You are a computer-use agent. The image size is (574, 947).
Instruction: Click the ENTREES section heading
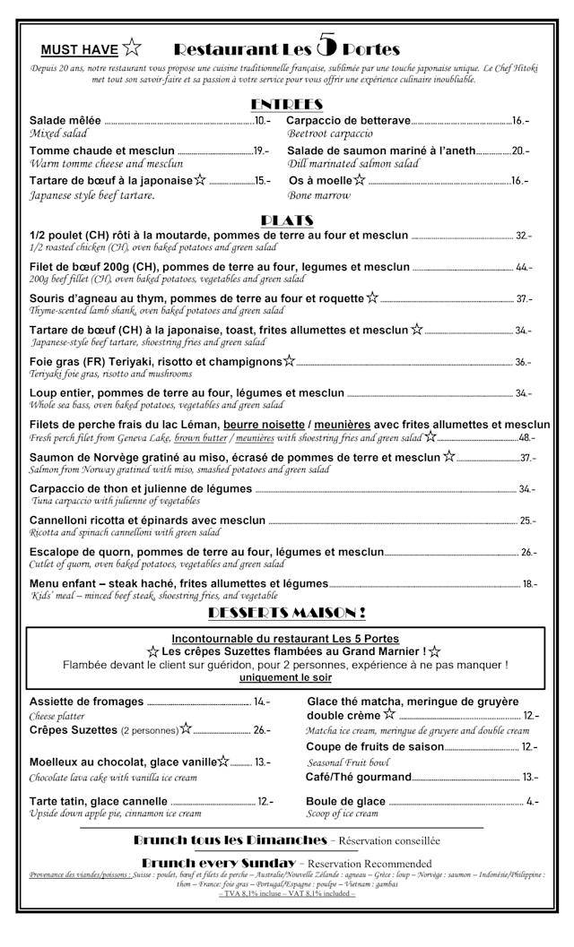[286, 104]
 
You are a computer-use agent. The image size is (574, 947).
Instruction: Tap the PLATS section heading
[286, 220]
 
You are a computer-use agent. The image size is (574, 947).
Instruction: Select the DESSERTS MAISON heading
[286, 613]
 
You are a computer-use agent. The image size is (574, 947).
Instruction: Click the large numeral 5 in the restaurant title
[327, 45]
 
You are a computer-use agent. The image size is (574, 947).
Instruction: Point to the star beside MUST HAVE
[132, 48]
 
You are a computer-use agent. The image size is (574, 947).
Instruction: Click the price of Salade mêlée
[263, 120]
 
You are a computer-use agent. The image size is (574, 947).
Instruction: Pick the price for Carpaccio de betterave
[520, 120]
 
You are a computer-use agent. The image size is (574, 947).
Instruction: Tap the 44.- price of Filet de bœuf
[524, 267]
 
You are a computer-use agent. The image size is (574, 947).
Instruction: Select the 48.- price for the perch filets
[526, 438]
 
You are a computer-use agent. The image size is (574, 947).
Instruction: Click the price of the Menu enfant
[529, 584]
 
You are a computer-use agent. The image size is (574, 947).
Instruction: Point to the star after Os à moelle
[359, 180]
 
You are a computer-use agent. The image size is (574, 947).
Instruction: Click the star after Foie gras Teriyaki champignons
[289, 361]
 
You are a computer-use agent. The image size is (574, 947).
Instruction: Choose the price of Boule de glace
[533, 801]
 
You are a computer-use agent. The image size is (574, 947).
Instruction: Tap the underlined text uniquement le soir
[286, 678]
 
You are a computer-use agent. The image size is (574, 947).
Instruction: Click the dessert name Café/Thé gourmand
[359, 777]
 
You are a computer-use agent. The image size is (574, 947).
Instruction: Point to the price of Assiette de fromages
[262, 702]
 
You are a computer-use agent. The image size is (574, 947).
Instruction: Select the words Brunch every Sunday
[218, 861]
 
